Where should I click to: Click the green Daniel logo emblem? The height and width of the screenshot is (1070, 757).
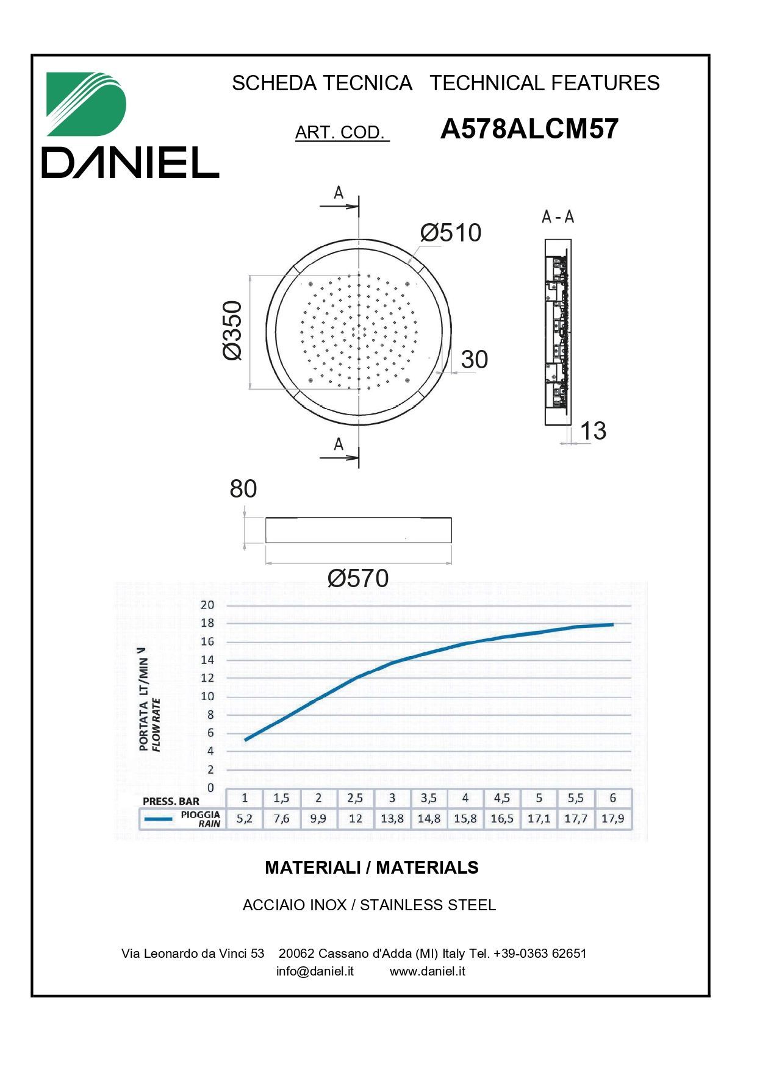coord(86,104)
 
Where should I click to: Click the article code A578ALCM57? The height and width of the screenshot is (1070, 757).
coord(529,129)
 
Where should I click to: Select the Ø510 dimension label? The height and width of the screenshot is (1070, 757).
coord(451,233)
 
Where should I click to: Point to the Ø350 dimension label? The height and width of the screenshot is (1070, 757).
coord(232,330)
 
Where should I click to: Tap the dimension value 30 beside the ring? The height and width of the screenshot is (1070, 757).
coord(474,360)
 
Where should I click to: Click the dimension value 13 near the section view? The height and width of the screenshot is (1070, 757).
coord(592,431)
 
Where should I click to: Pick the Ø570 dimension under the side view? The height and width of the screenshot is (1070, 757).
coord(358,578)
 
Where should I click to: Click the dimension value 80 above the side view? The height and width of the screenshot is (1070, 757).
coord(243,489)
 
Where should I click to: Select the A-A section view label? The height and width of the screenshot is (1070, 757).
coord(558,216)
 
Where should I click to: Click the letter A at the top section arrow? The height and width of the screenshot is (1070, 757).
coord(339,193)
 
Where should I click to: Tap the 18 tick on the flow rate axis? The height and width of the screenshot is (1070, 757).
coord(207,623)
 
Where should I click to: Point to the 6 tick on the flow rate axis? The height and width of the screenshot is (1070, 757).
coord(210,733)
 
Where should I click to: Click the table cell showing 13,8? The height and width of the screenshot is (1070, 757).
coord(392,819)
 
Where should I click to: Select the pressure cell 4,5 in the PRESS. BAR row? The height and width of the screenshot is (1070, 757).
coord(501,798)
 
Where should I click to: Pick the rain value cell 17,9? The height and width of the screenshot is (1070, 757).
coord(612,819)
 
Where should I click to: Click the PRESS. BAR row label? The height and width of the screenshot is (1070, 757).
coord(171,801)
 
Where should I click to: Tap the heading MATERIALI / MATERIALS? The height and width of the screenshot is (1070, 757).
coord(371,868)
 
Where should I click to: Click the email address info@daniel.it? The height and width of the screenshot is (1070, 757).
coord(315,971)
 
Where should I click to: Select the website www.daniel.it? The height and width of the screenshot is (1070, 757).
coord(427,971)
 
